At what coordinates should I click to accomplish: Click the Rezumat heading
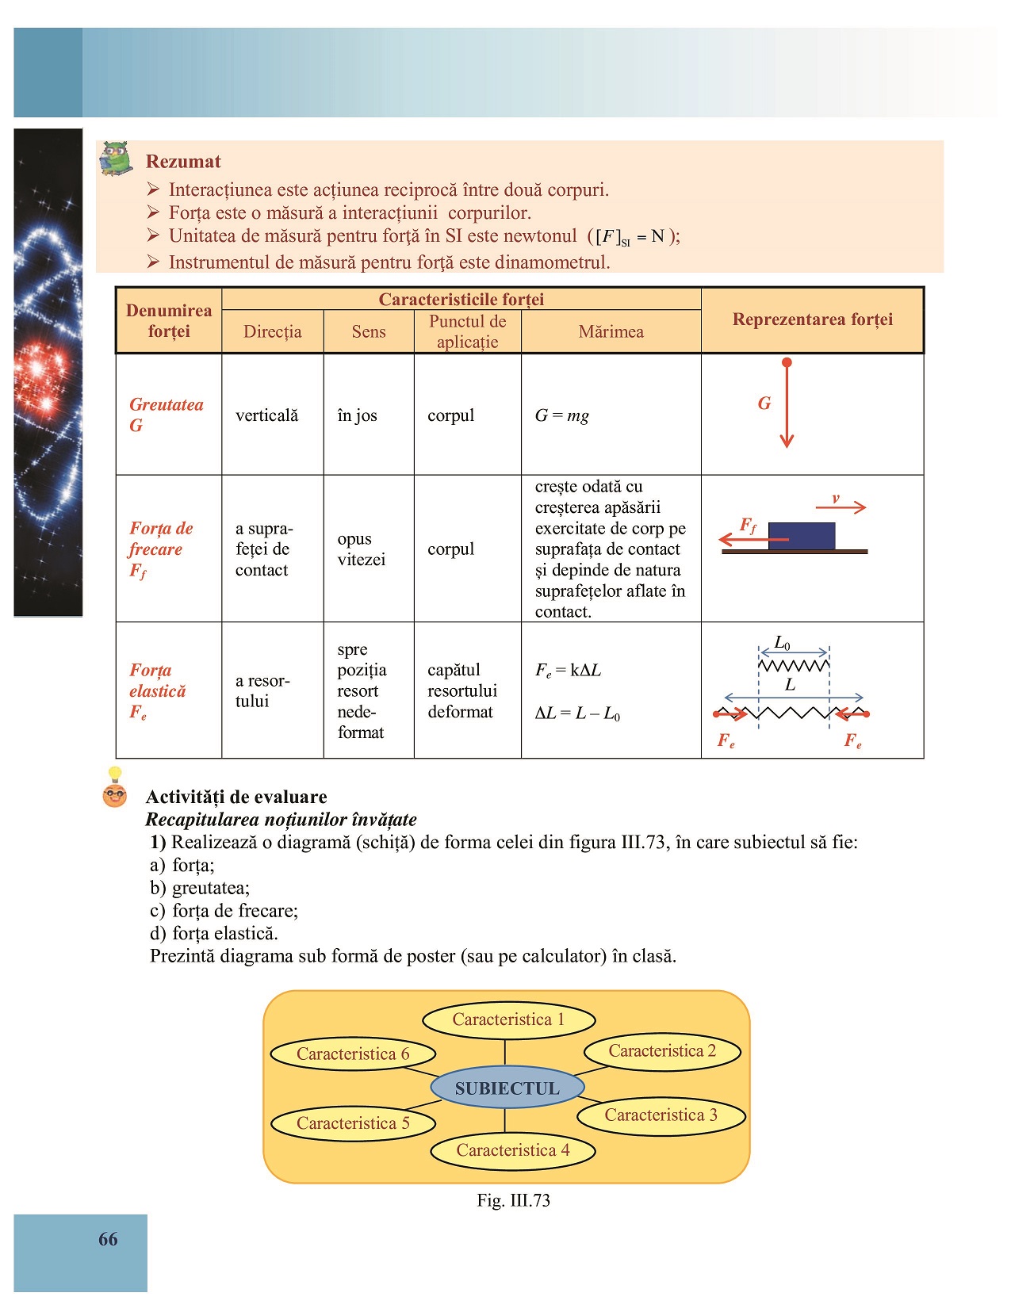(183, 162)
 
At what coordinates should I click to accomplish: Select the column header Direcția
(272, 331)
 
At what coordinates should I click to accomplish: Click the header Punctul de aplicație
(467, 331)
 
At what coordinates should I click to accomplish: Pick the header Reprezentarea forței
(812, 319)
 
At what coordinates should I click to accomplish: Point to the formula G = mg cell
(562, 415)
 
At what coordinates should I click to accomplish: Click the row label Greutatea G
(166, 415)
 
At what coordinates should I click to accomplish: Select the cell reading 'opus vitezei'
(361, 549)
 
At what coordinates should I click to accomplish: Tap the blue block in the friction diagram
(802, 535)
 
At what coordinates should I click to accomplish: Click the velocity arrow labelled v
(841, 506)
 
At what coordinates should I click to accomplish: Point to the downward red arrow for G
(787, 404)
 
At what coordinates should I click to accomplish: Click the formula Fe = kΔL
(568, 671)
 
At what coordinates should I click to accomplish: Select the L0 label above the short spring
(783, 642)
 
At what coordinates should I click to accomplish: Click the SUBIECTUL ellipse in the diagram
(507, 1088)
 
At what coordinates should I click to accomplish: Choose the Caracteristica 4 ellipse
(512, 1150)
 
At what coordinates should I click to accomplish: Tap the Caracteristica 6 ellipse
(353, 1054)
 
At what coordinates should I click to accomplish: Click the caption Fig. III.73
(513, 1200)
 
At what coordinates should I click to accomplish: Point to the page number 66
(108, 1239)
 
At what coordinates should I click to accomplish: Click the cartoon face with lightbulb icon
(115, 790)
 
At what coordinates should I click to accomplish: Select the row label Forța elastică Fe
(158, 690)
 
